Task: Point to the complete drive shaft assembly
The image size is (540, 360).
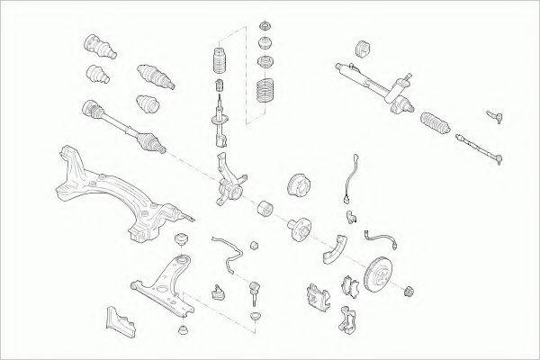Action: (122, 122)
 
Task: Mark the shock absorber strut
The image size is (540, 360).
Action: (218, 121)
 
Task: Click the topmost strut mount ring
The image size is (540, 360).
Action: (266, 24)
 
